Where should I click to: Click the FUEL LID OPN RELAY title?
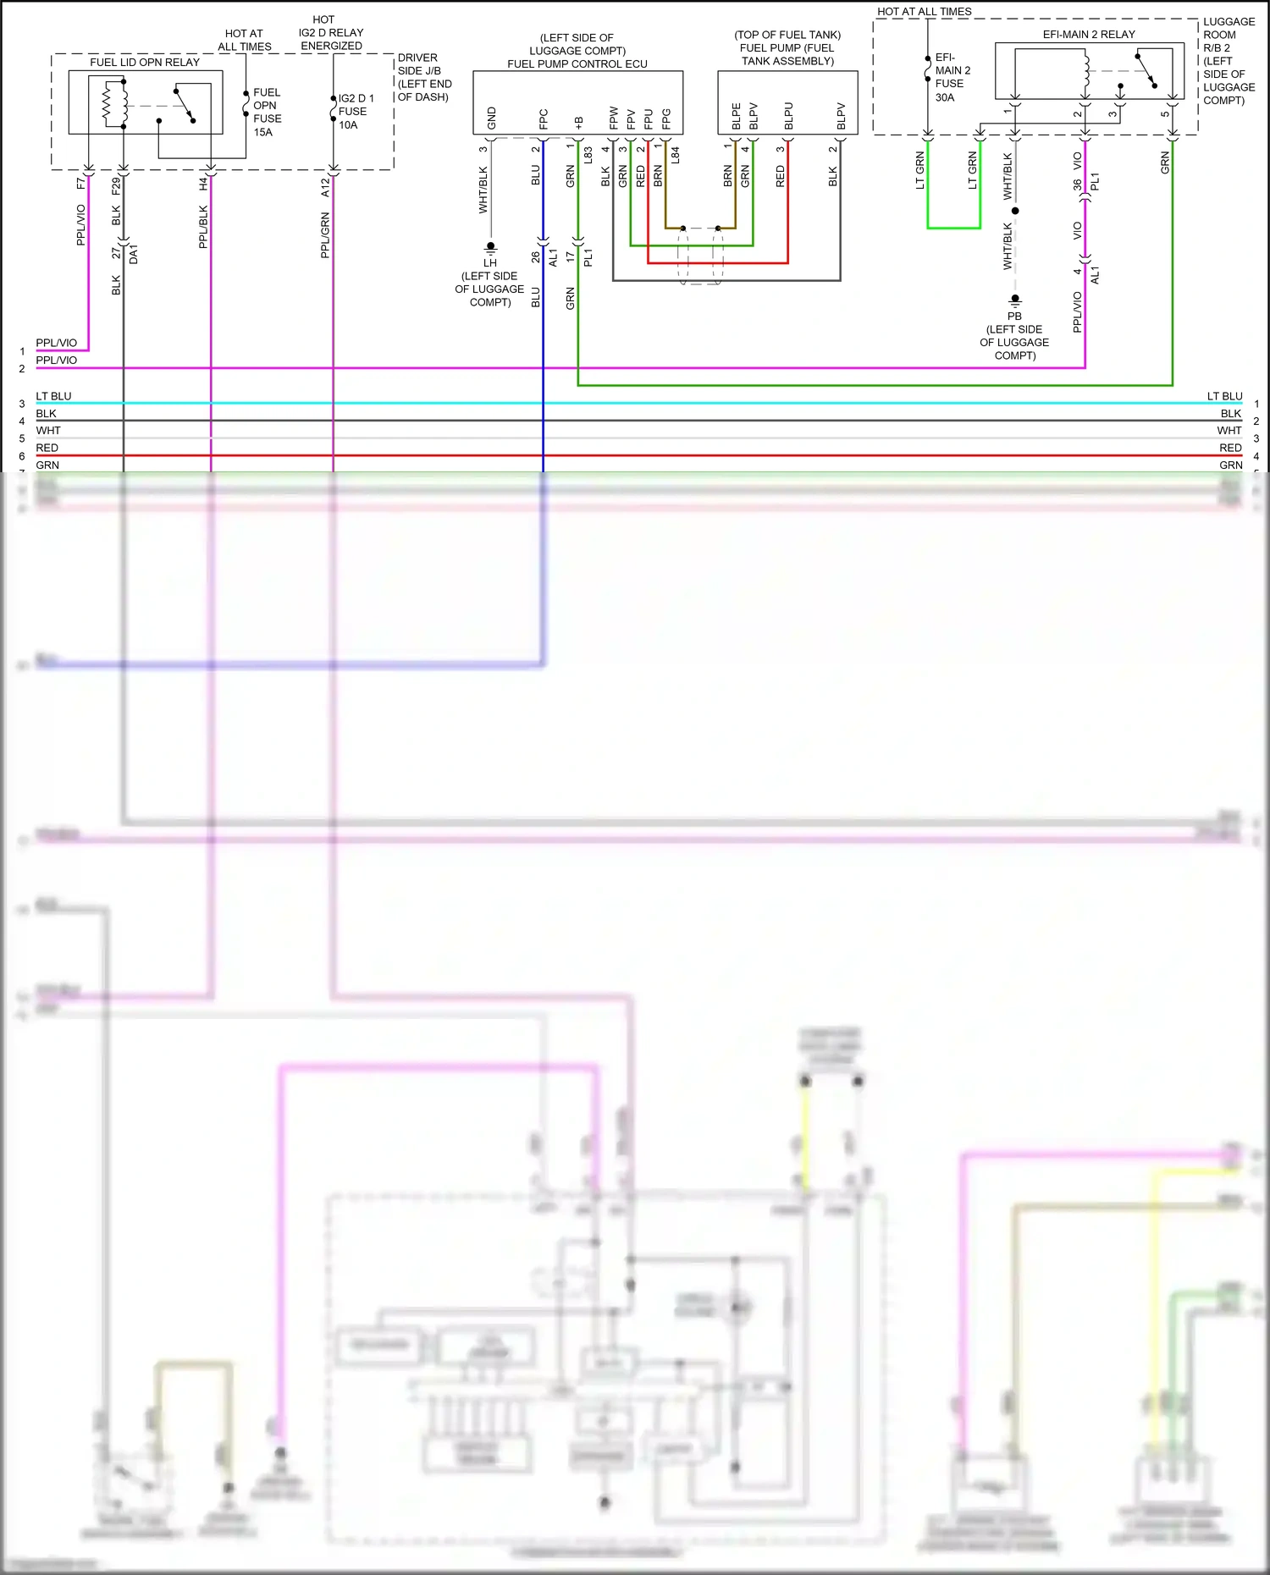[145, 63]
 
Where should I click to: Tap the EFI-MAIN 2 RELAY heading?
[1089, 35]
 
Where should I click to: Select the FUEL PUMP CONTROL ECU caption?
[577, 64]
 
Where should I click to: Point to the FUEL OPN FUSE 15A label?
[267, 112]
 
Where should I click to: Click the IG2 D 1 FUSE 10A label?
[356, 112]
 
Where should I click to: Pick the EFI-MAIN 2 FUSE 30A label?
[952, 78]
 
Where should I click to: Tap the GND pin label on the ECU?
[492, 118]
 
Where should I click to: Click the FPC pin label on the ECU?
[544, 118]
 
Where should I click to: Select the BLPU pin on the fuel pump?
[788, 116]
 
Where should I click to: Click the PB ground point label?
[1014, 316]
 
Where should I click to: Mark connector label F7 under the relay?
[81, 184]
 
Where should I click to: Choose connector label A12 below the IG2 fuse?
[325, 187]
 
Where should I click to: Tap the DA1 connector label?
[134, 255]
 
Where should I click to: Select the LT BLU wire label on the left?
[53, 396]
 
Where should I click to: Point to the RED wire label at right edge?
[1230, 448]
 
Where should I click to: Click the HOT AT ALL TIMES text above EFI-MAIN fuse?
[924, 12]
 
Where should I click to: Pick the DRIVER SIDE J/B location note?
[424, 77]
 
